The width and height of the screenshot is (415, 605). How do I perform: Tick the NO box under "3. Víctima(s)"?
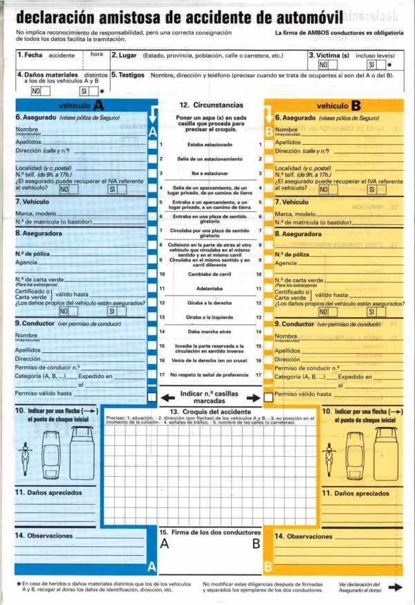click(323, 65)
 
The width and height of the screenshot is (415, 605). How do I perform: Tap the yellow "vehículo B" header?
click(339, 106)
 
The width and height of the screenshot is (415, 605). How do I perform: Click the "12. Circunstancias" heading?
click(211, 105)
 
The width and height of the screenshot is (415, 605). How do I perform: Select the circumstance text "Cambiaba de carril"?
click(210, 275)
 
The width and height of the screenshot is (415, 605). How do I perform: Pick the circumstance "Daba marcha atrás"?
click(210, 332)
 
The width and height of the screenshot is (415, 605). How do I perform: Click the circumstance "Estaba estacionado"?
click(210, 145)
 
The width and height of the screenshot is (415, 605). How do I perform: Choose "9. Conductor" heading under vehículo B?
click(297, 324)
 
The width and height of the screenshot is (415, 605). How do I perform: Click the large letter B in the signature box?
click(256, 544)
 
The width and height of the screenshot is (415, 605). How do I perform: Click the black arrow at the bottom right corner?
click(395, 587)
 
